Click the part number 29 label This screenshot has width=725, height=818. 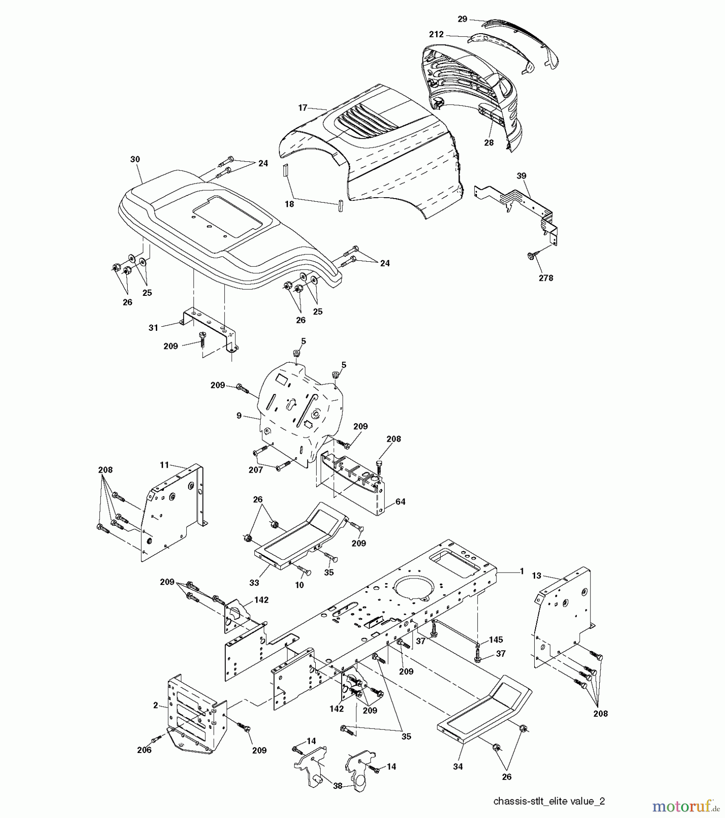[x=462, y=19]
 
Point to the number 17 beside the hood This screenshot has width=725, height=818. [x=303, y=108]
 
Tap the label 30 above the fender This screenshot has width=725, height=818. [x=135, y=160]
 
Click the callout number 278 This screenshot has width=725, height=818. [x=546, y=278]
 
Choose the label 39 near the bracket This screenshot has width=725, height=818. [x=521, y=176]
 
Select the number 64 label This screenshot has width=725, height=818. [x=400, y=502]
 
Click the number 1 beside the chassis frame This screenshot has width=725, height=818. [x=522, y=571]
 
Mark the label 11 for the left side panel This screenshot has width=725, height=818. [x=164, y=465]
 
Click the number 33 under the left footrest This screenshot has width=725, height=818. [x=254, y=583]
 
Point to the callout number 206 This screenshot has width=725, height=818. [x=144, y=750]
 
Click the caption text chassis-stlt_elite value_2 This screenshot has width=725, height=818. [x=549, y=801]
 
